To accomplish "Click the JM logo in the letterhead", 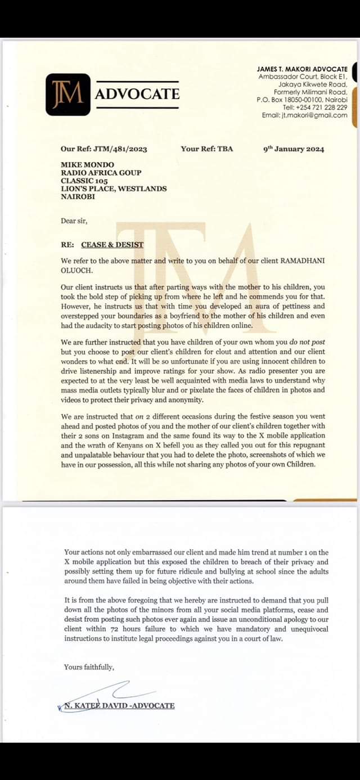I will tap(67, 95).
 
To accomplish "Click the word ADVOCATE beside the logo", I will tap(137, 94).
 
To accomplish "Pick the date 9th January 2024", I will tap(294, 149).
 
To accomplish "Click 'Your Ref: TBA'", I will tap(206, 149).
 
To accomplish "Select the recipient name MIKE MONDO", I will tap(87, 165).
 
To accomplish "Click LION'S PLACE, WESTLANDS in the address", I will tap(114, 189).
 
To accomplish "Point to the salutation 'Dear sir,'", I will tap(74, 221).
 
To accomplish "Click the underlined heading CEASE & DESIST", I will tap(112, 245).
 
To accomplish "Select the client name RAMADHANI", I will tap(300, 261).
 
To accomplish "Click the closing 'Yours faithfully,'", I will tap(89, 667).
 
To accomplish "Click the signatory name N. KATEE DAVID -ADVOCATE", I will tap(118, 706).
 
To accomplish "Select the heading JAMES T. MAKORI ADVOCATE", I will tap(302, 69).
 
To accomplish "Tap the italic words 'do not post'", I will tap(306, 342).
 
